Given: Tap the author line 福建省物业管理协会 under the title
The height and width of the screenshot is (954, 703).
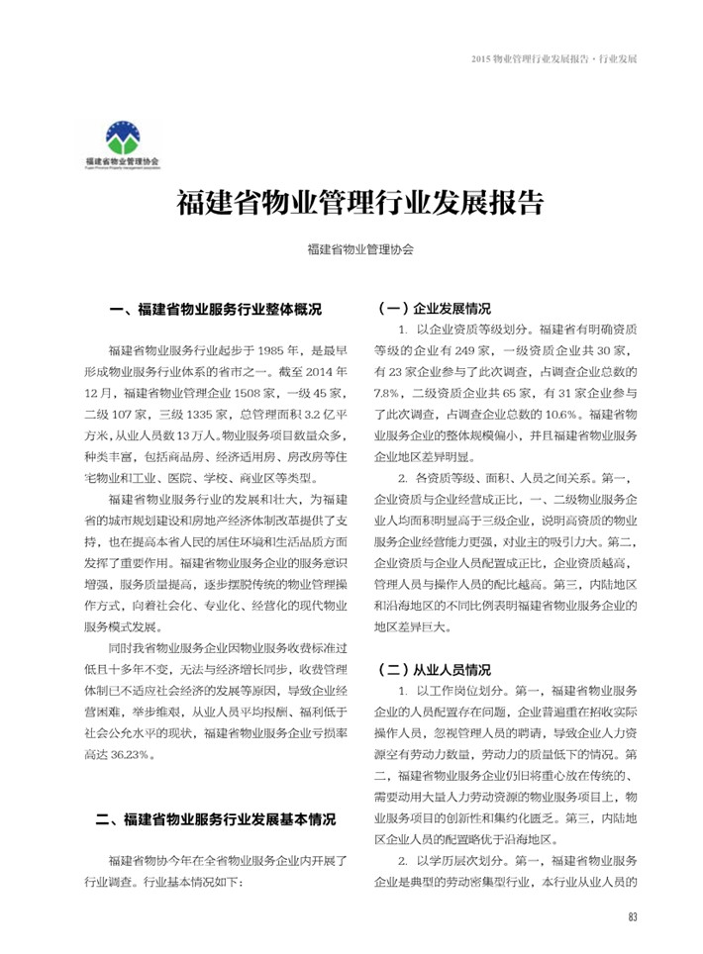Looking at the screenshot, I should coord(360,250).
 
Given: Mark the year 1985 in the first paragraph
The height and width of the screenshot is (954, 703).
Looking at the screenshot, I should coord(273,350).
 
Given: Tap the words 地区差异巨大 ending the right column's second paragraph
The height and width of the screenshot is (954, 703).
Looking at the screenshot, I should coord(412,626).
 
